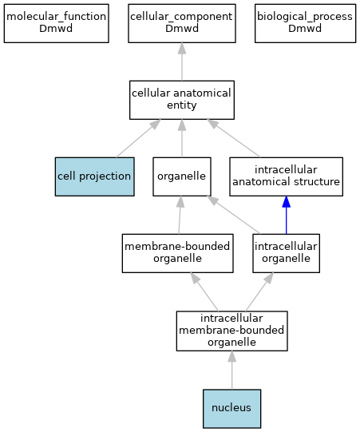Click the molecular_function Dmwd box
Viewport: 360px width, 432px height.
(x=56, y=23)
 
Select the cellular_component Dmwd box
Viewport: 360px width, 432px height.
(x=182, y=23)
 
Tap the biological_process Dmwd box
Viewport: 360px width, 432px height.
(x=305, y=23)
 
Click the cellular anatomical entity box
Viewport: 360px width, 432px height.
(x=182, y=100)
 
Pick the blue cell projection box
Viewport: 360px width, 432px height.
(x=95, y=176)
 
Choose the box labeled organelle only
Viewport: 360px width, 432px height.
(x=182, y=176)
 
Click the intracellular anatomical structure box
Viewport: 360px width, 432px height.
(x=287, y=176)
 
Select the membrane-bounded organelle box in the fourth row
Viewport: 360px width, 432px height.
(x=178, y=253)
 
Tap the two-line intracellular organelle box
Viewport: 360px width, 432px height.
(x=287, y=253)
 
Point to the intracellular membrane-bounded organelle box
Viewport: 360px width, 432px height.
(x=232, y=331)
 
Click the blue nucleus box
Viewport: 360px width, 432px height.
(x=232, y=409)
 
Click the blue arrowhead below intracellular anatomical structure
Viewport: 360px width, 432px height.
(x=287, y=202)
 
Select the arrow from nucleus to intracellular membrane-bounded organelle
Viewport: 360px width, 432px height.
(x=232, y=370)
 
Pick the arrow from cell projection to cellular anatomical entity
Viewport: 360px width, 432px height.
(x=138, y=138)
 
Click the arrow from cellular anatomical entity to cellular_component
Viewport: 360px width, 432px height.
(x=182, y=61)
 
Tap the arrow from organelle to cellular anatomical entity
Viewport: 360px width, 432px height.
(x=182, y=138)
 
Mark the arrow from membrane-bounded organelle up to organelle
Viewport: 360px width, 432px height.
(x=180, y=215)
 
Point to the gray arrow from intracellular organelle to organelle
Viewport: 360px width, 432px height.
(x=233, y=215)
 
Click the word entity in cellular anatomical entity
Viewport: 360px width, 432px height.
(x=182, y=105)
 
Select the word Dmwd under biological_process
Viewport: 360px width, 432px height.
(x=305, y=29)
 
